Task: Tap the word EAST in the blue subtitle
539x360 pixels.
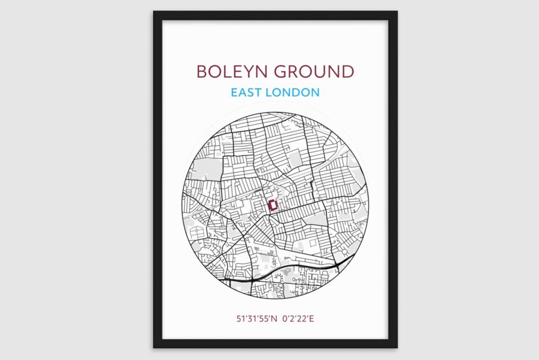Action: pos(246,92)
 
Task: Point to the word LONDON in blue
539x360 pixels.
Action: pos(292,92)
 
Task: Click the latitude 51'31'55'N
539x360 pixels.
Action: pos(256,318)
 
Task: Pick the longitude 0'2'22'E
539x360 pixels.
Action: pos(298,318)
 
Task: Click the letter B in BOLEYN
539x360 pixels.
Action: pos(201,71)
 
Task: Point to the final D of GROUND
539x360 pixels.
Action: pos(348,71)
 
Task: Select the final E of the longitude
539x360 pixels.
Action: pos(312,318)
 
